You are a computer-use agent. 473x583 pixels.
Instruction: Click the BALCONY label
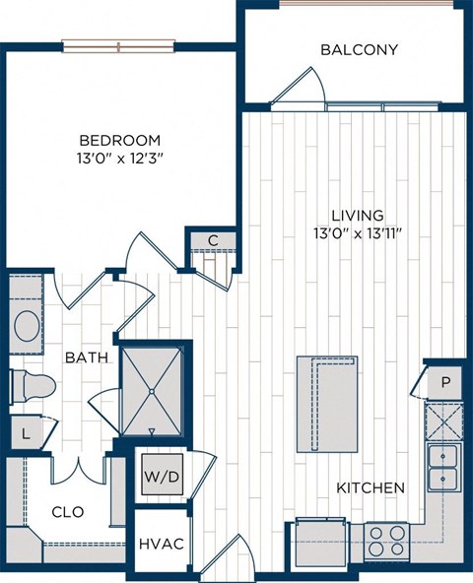tap(359, 49)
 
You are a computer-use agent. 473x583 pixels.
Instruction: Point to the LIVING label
tap(358, 215)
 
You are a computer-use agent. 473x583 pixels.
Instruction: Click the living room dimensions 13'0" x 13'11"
tap(358, 233)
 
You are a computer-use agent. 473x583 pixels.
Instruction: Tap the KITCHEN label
tap(371, 487)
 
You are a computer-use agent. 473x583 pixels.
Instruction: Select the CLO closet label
tap(67, 511)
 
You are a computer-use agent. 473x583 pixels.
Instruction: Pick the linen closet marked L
tap(25, 431)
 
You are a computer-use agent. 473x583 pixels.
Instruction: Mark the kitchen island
tap(327, 404)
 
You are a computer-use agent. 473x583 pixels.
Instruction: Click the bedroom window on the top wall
tap(118, 45)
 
